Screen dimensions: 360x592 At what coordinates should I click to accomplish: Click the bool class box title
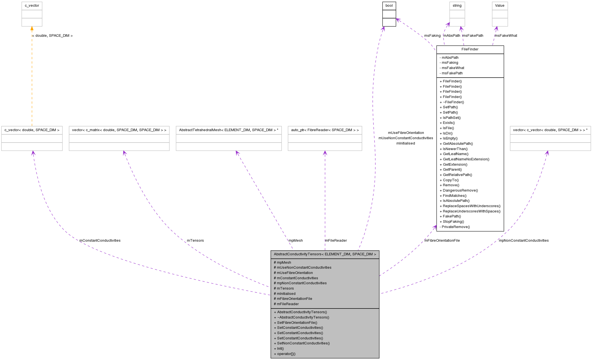click(389, 6)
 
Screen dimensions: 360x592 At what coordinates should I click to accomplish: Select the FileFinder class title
click(470, 49)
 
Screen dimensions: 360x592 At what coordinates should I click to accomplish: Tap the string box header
click(457, 6)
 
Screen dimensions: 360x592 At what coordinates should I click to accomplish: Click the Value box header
click(500, 6)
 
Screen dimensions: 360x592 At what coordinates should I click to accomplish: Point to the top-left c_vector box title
click(32, 6)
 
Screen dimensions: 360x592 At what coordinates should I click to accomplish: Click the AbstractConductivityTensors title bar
click(325, 254)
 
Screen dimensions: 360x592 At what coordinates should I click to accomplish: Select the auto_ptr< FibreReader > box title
click(325, 130)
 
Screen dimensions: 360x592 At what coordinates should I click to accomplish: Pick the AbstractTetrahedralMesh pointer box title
click(228, 130)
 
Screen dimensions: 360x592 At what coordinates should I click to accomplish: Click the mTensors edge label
click(195, 241)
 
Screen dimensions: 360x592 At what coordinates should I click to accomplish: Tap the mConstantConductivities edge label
click(100, 241)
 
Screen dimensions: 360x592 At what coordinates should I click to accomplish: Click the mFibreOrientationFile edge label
click(442, 241)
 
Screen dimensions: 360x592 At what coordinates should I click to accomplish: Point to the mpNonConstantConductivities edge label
click(523, 241)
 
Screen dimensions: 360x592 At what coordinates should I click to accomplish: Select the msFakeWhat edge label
click(506, 36)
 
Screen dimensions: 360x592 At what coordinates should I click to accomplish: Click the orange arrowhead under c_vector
click(32, 28)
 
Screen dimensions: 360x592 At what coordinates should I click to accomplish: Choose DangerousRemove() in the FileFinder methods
click(460, 190)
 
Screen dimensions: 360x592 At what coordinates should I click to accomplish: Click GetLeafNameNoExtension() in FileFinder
click(466, 159)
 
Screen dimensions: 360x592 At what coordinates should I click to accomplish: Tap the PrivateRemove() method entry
click(455, 227)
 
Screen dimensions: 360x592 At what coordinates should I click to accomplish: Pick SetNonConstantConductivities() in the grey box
click(303, 343)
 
